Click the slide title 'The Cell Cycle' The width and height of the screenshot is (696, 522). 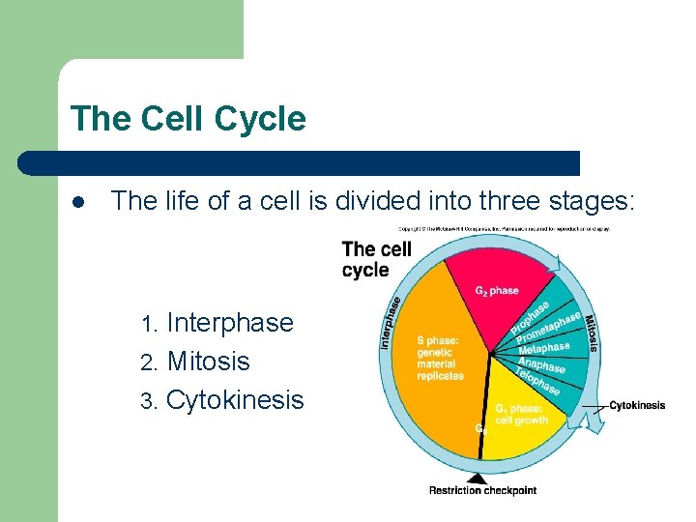coord(188,119)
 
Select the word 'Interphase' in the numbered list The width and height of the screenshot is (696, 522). coord(230,323)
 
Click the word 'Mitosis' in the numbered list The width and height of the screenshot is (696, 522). coord(208,362)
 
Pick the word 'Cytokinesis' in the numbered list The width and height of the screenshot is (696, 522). coord(235,400)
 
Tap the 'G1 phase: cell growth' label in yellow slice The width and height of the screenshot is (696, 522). coord(521,414)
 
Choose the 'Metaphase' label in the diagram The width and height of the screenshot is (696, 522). coord(543,348)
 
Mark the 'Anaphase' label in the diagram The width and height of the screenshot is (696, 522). coord(541,365)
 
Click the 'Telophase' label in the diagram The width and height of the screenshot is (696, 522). coord(536,381)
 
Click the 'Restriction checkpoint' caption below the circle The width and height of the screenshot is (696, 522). coord(482,491)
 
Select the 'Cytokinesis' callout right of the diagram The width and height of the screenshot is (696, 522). coord(636,405)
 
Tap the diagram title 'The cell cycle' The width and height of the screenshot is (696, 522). coord(377,259)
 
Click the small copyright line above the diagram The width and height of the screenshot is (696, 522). coord(504,229)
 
